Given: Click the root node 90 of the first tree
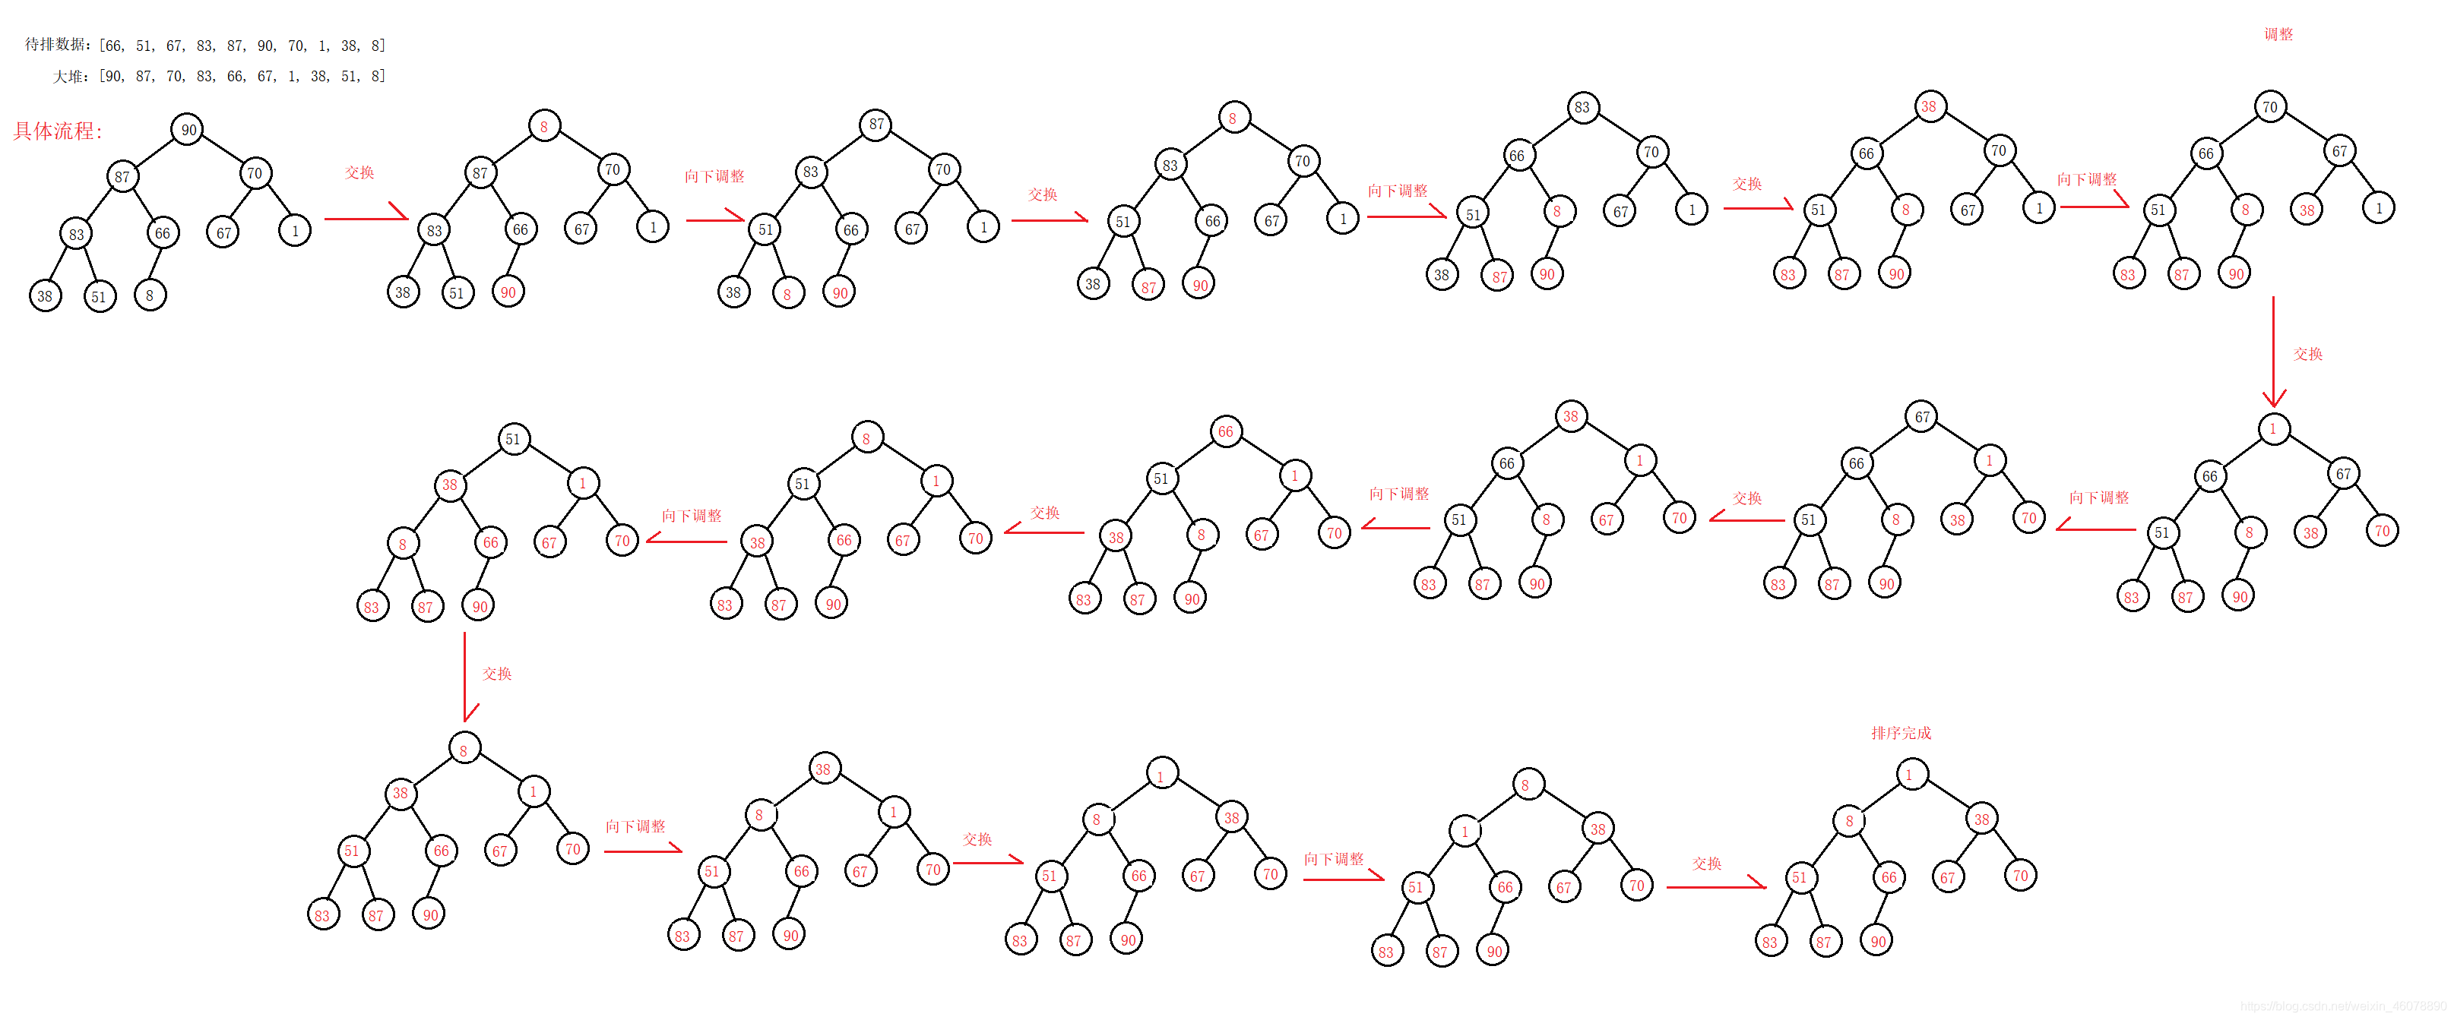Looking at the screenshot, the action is [188, 130].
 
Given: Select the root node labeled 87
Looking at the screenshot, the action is [876, 124].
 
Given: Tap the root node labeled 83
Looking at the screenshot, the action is [1582, 106].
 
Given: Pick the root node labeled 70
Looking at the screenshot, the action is [2270, 106].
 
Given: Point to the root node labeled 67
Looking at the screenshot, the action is [1921, 416].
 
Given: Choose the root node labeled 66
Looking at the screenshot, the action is [1225, 431].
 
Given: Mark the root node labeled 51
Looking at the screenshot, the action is [514, 439].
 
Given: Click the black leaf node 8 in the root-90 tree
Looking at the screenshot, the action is [150, 295].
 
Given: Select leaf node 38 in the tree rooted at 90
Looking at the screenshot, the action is [45, 295].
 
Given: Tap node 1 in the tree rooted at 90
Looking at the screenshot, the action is [294, 230].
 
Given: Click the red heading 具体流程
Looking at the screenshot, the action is [57, 131].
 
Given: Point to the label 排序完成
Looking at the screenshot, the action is [1901, 732].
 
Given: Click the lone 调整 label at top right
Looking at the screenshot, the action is [2278, 34].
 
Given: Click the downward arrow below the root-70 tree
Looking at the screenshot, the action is [2273, 352].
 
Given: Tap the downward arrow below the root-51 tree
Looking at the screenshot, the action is [465, 676].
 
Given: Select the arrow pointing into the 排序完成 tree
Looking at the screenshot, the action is [1715, 886].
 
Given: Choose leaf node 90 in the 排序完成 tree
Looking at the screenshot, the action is [1876, 941].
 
